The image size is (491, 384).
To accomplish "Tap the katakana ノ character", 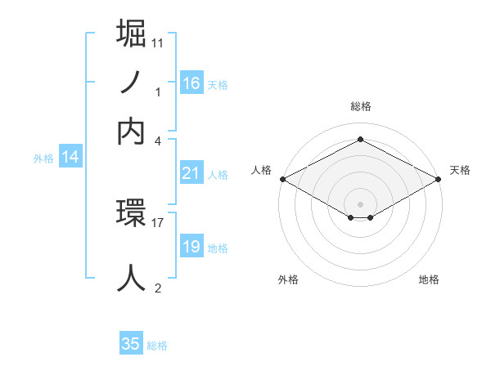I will [x=132, y=83].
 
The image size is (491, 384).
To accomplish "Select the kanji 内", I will [x=132, y=131].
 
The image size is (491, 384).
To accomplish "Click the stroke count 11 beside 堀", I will [x=158, y=42].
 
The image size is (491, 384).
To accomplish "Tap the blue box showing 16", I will [x=191, y=83].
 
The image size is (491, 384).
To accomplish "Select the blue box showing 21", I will [x=191, y=173].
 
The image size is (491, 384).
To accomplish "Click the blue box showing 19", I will [x=191, y=246].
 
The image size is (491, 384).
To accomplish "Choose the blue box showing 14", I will [x=70, y=157].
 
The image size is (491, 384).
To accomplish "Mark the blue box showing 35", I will [x=131, y=344].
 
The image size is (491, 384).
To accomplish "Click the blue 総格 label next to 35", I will [x=157, y=346].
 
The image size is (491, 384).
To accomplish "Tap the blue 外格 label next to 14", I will [x=43, y=159].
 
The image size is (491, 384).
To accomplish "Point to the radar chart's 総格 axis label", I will [x=361, y=106].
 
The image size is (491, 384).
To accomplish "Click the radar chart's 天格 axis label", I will [x=460, y=170].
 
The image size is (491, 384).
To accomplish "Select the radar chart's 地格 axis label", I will [x=429, y=279].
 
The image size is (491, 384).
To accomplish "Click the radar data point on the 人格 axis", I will [x=282, y=179].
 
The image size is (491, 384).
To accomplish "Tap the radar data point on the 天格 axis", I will [x=439, y=179].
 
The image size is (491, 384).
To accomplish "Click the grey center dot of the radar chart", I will [x=361, y=203].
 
